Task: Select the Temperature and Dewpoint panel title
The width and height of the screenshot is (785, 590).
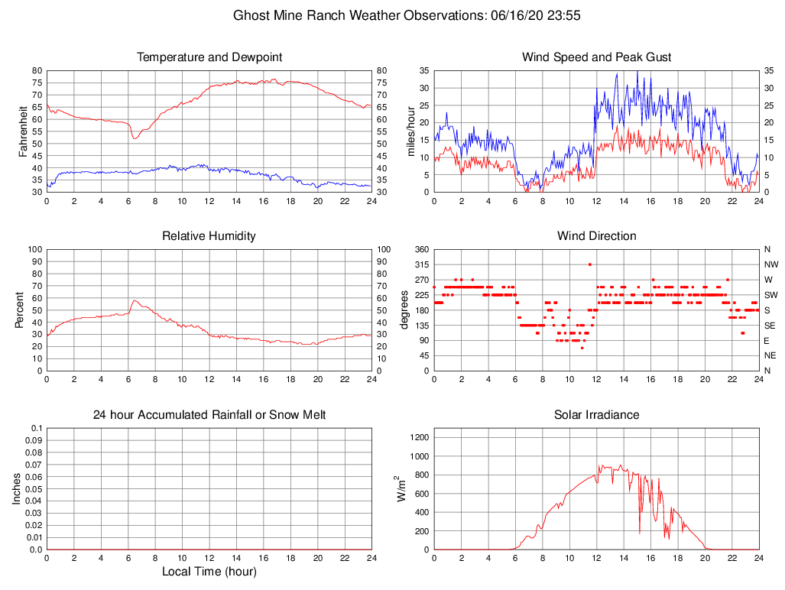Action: [x=209, y=57]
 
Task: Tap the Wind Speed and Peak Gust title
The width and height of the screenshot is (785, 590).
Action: [x=596, y=57]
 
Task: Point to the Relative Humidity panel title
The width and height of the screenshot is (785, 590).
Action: [x=209, y=236]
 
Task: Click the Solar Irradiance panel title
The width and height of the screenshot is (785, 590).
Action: [x=596, y=415]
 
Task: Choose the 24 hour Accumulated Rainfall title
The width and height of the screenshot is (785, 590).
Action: [x=209, y=415]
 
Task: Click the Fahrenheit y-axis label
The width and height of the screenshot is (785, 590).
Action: [x=23, y=131]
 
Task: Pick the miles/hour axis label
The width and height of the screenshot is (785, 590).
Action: [x=410, y=131]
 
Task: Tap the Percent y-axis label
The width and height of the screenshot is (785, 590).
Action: [x=19, y=310]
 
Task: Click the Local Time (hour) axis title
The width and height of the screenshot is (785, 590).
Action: [x=209, y=572]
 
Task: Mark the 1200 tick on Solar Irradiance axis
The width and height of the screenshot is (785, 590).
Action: [x=419, y=437]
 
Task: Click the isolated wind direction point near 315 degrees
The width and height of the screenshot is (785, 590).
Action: [x=589, y=264]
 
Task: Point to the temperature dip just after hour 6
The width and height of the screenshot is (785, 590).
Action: [x=134, y=138]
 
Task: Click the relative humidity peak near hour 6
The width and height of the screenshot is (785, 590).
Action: [x=134, y=300]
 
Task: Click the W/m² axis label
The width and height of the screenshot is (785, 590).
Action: [x=401, y=488]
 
